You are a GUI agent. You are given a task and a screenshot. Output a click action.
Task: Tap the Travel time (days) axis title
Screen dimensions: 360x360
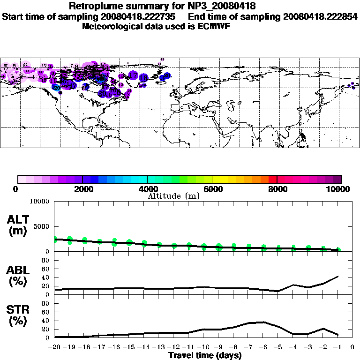point(205,355)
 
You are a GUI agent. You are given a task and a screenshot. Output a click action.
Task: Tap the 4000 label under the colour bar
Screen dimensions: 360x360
point(147,189)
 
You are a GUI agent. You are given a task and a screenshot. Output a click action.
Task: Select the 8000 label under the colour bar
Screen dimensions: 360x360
point(277,189)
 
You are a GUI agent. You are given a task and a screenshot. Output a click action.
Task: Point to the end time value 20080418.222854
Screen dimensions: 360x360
point(315,16)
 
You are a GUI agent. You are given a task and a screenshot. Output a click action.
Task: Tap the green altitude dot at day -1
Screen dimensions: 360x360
point(338,250)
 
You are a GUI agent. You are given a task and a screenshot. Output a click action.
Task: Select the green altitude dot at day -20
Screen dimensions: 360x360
point(55,240)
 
